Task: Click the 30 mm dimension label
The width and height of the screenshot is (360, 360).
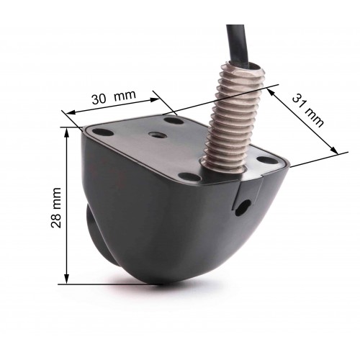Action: click(114, 97)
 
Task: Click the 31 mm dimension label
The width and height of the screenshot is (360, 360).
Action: click(307, 110)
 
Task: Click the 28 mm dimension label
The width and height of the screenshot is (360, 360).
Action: click(56, 207)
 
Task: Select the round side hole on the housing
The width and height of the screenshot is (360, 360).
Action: click(243, 207)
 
